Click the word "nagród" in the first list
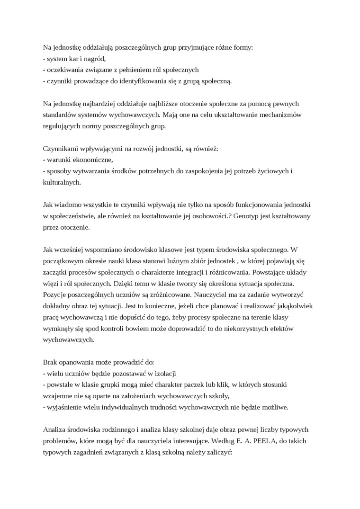pyautogui.click(x=94, y=59)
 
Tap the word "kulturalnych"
pyautogui.click(x=62, y=182)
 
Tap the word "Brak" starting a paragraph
pyautogui.click(x=51, y=362)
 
